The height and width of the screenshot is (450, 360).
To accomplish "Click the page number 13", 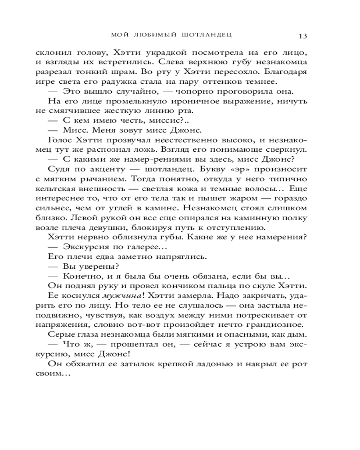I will (302, 36).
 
